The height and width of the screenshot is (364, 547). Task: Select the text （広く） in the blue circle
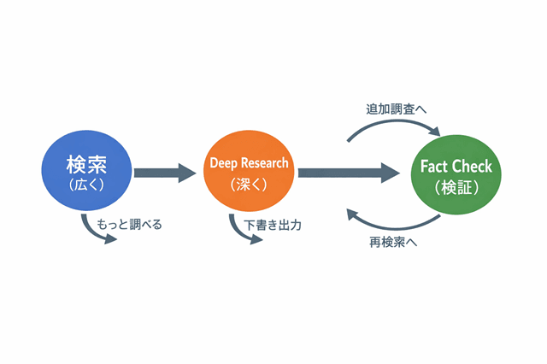(x=86, y=183)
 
